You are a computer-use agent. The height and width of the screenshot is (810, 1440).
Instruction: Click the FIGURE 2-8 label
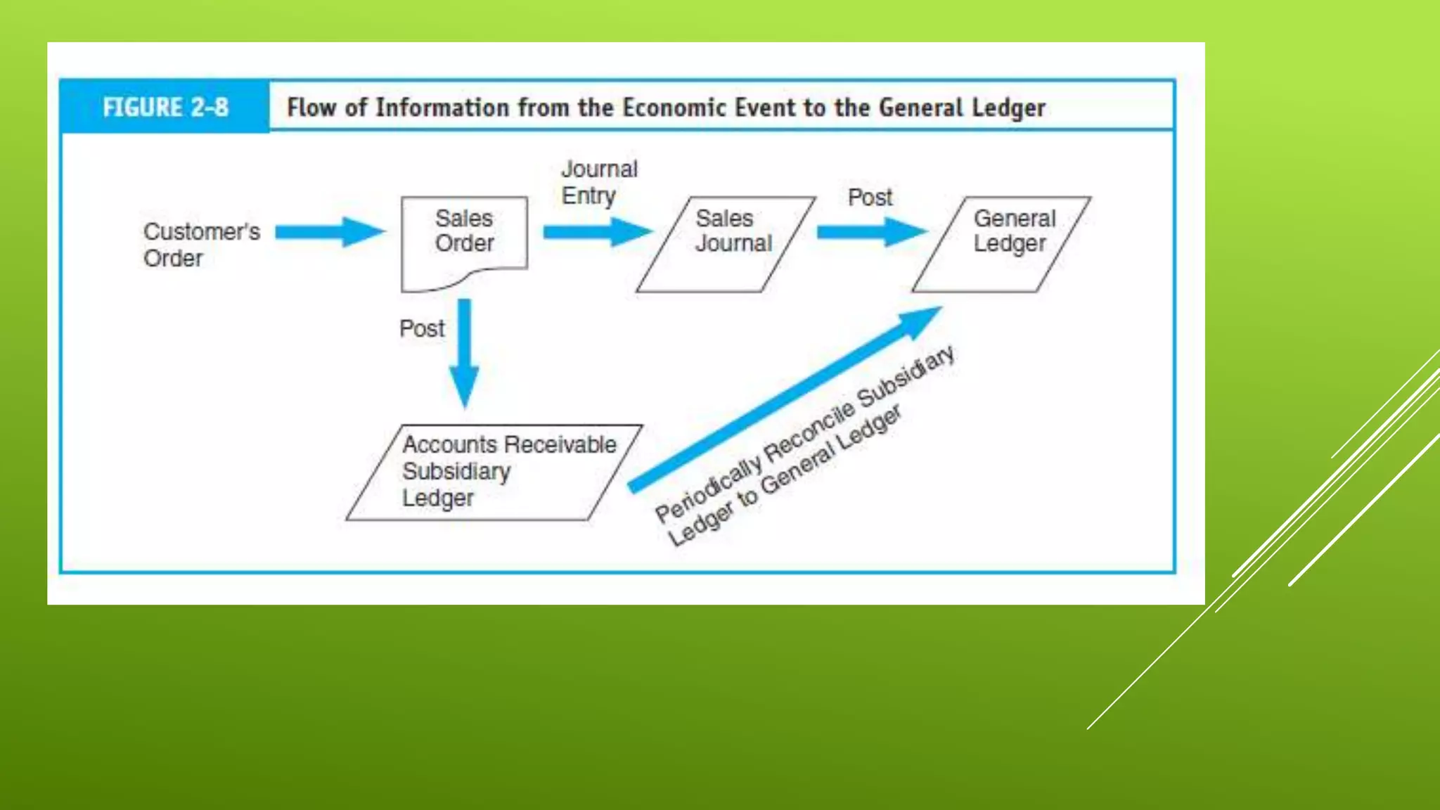165,108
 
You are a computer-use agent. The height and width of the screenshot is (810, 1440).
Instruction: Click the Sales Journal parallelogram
726,243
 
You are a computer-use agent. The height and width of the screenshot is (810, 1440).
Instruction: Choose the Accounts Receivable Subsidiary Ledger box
494,472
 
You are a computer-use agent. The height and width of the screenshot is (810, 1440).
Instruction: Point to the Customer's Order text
201,245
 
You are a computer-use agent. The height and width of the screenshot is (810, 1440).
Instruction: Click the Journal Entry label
599,182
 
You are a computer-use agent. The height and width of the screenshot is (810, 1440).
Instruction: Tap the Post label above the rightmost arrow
870,198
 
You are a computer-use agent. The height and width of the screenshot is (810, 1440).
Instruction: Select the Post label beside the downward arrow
422,328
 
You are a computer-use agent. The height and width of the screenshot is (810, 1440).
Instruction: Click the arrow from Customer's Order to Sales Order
329,232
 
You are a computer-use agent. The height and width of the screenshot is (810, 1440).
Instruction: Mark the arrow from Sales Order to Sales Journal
598,232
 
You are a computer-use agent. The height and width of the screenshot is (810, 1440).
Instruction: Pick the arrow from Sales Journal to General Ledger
872,232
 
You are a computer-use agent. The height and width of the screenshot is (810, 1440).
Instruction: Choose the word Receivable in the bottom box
560,444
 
